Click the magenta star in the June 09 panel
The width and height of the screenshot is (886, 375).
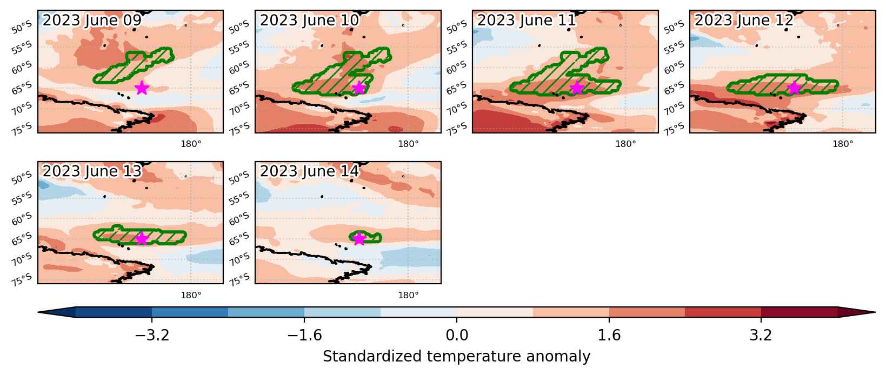(x=142, y=88)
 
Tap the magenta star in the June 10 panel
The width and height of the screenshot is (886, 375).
(x=359, y=88)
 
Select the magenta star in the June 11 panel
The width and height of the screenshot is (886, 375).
(x=576, y=88)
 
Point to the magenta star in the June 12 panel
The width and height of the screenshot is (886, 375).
(x=794, y=88)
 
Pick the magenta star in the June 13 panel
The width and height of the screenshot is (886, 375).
(x=142, y=238)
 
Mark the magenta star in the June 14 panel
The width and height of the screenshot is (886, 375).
(x=359, y=238)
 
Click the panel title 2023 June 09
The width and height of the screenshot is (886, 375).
(x=92, y=20)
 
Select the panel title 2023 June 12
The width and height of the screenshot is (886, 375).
(x=744, y=20)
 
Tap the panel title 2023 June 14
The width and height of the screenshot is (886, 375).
(x=309, y=171)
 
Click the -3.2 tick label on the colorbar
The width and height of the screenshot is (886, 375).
(x=152, y=335)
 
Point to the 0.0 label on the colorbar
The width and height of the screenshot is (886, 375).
(x=457, y=335)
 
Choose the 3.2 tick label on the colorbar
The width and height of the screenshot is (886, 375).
(x=761, y=335)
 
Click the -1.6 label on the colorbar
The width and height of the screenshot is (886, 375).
(x=304, y=335)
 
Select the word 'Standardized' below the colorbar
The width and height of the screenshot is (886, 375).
(x=372, y=356)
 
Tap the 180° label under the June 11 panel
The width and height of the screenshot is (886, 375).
(x=626, y=144)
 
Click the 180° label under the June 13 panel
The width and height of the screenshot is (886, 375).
(x=191, y=295)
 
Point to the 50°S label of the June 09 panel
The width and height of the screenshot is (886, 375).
(x=22, y=28)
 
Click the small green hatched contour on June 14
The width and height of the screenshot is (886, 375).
(x=365, y=237)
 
